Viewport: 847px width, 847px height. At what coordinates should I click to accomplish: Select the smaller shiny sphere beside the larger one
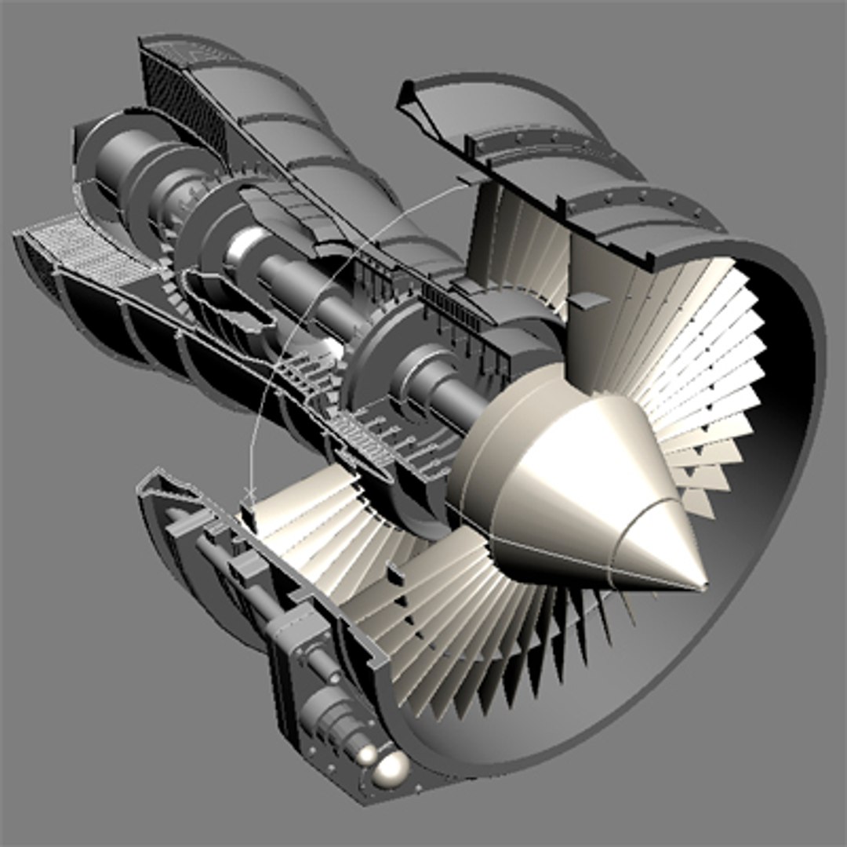click(x=365, y=754)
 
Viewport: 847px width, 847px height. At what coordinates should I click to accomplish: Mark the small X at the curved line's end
click(x=249, y=493)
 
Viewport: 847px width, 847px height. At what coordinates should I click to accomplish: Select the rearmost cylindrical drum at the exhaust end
click(x=118, y=157)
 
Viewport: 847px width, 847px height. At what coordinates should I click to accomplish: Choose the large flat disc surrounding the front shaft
click(x=376, y=353)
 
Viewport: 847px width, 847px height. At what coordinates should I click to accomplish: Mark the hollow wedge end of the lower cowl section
click(x=157, y=486)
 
